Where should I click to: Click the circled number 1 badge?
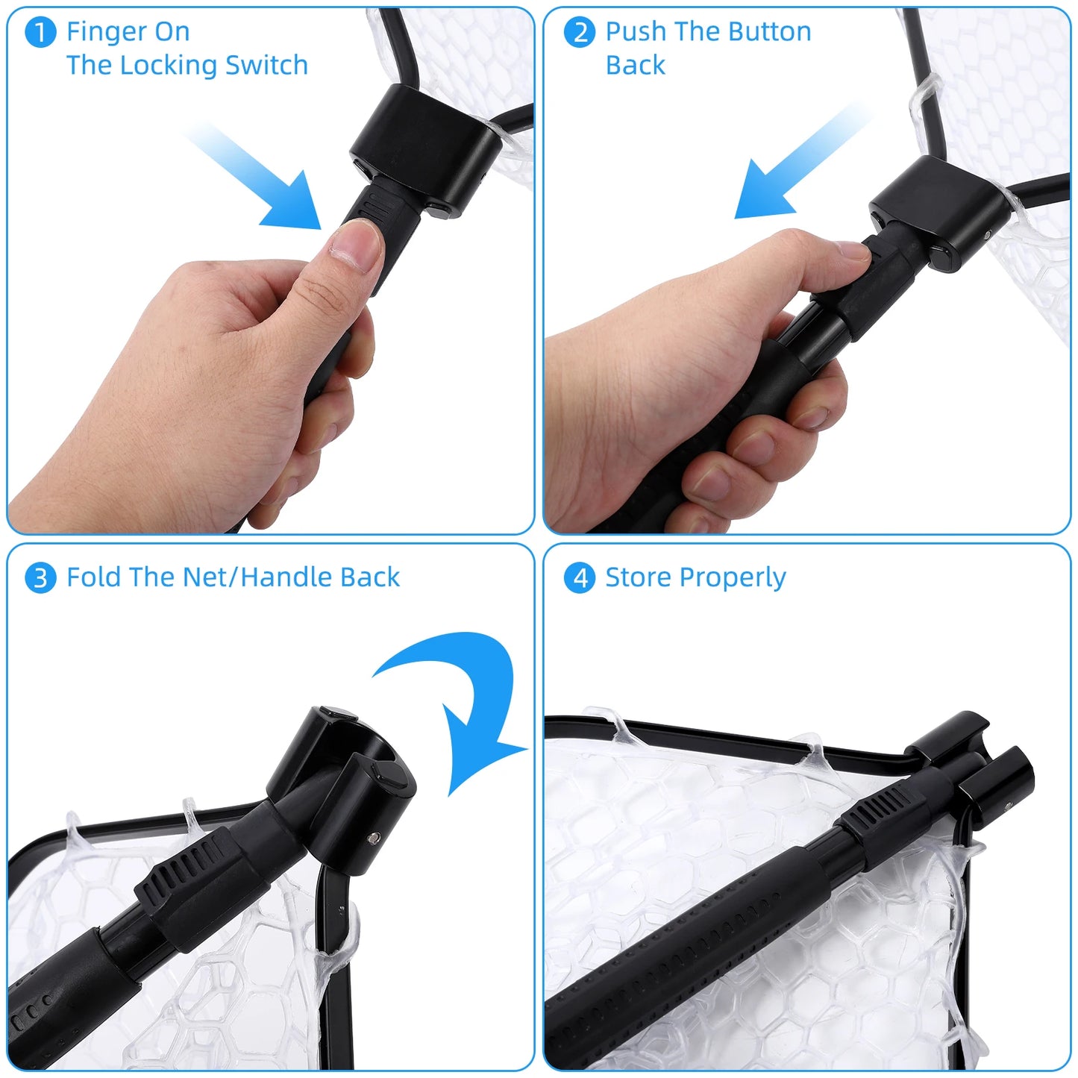point(40,33)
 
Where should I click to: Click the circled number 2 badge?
point(579,33)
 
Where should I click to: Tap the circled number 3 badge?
point(40,578)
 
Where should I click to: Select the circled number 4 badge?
point(579,578)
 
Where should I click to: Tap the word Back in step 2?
point(635,66)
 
